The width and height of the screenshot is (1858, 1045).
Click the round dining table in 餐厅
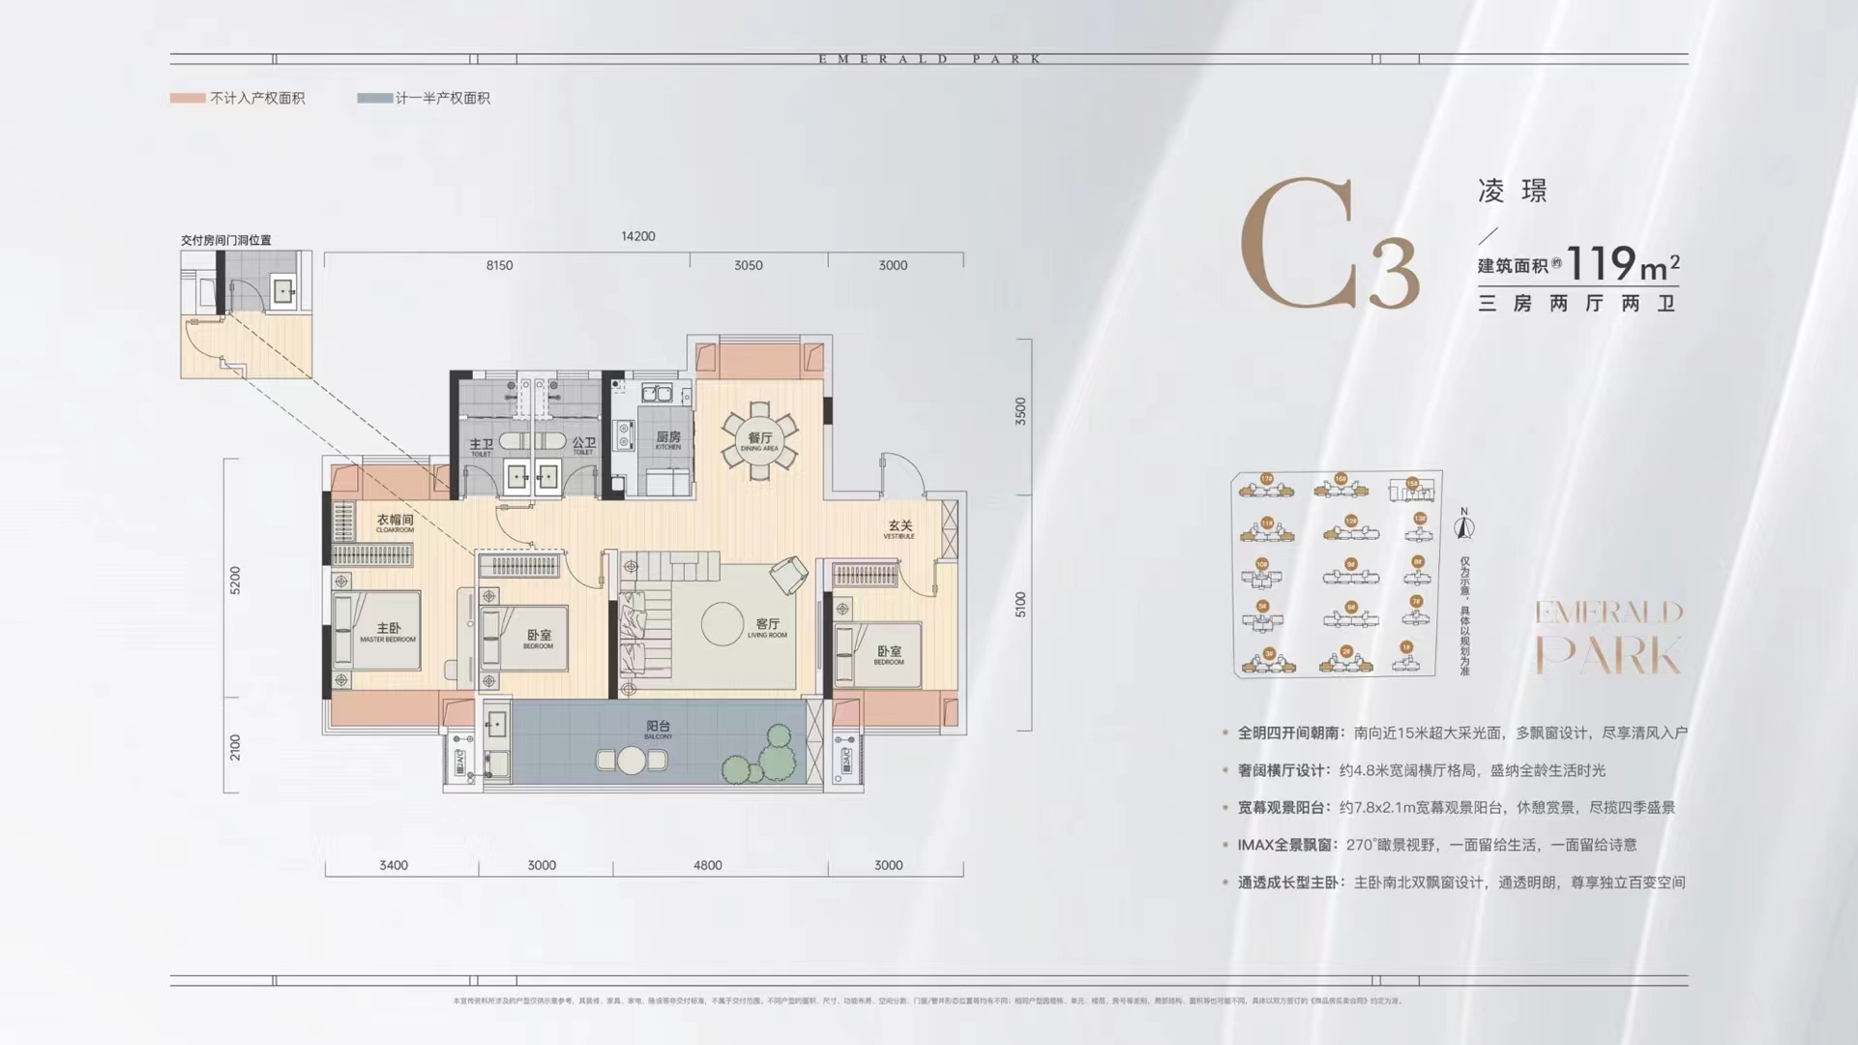pos(759,442)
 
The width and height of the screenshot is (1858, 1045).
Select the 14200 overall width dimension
pos(638,236)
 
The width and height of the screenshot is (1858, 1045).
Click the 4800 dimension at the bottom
pos(707,865)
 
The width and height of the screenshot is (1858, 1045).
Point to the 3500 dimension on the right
pos(1020,411)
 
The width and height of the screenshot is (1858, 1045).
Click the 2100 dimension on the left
pos(235,747)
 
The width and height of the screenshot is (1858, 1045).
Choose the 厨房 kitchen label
pos(667,439)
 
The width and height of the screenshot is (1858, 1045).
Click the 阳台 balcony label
pos(658,728)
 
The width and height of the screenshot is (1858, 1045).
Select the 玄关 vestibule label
pos(900,527)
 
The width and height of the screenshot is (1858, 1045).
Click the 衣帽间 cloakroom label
pos(395,522)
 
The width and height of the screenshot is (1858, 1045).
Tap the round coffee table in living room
pos(722,624)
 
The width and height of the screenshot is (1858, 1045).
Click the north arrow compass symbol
pos(1464,525)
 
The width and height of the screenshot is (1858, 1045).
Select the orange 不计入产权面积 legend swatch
pos(188,98)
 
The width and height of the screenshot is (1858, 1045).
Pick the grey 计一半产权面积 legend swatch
pos(374,98)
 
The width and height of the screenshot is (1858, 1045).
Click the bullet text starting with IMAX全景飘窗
pos(1436,845)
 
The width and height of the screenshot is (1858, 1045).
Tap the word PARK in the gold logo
pos(1608,656)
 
